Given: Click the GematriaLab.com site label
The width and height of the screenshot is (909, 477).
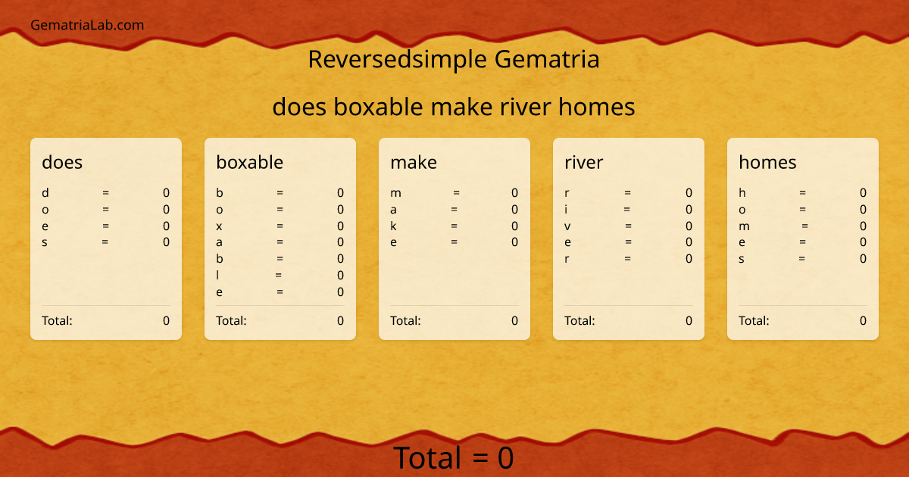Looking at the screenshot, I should [x=87, y=25].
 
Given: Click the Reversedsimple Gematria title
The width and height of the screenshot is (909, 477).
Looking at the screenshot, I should [x=454, y=59].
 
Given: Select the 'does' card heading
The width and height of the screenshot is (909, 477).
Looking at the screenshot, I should [x=62, y=162].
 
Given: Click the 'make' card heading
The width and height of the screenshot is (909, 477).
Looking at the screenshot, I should [x=414, y=162].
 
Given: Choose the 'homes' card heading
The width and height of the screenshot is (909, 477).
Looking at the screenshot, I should [x=767, y=162].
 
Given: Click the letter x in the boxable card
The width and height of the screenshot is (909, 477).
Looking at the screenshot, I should [x=220, y=226].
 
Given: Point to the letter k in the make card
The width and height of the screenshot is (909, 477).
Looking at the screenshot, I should [x=394, y=226].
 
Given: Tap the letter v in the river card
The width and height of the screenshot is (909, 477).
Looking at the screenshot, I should [x=568, y=226].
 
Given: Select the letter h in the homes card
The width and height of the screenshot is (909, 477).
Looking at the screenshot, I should [x=742, y=193].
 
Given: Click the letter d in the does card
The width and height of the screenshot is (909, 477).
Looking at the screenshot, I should [x=45, y=193].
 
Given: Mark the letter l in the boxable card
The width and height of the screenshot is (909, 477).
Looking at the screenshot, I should [x=218, y=275].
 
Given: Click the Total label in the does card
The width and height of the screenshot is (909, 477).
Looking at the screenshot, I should [x=57, y=320].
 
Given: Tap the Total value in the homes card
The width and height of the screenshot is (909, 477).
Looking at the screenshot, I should [x=863, y=320].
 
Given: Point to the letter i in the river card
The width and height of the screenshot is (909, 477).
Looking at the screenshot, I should [x=567, y=210].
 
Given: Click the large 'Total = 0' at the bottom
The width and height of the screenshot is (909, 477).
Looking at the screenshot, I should [x=454, y=458].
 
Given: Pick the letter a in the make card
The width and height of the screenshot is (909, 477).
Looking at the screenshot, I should [x=394, y=210].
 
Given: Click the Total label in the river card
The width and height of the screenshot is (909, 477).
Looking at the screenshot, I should [x=579, y=320].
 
